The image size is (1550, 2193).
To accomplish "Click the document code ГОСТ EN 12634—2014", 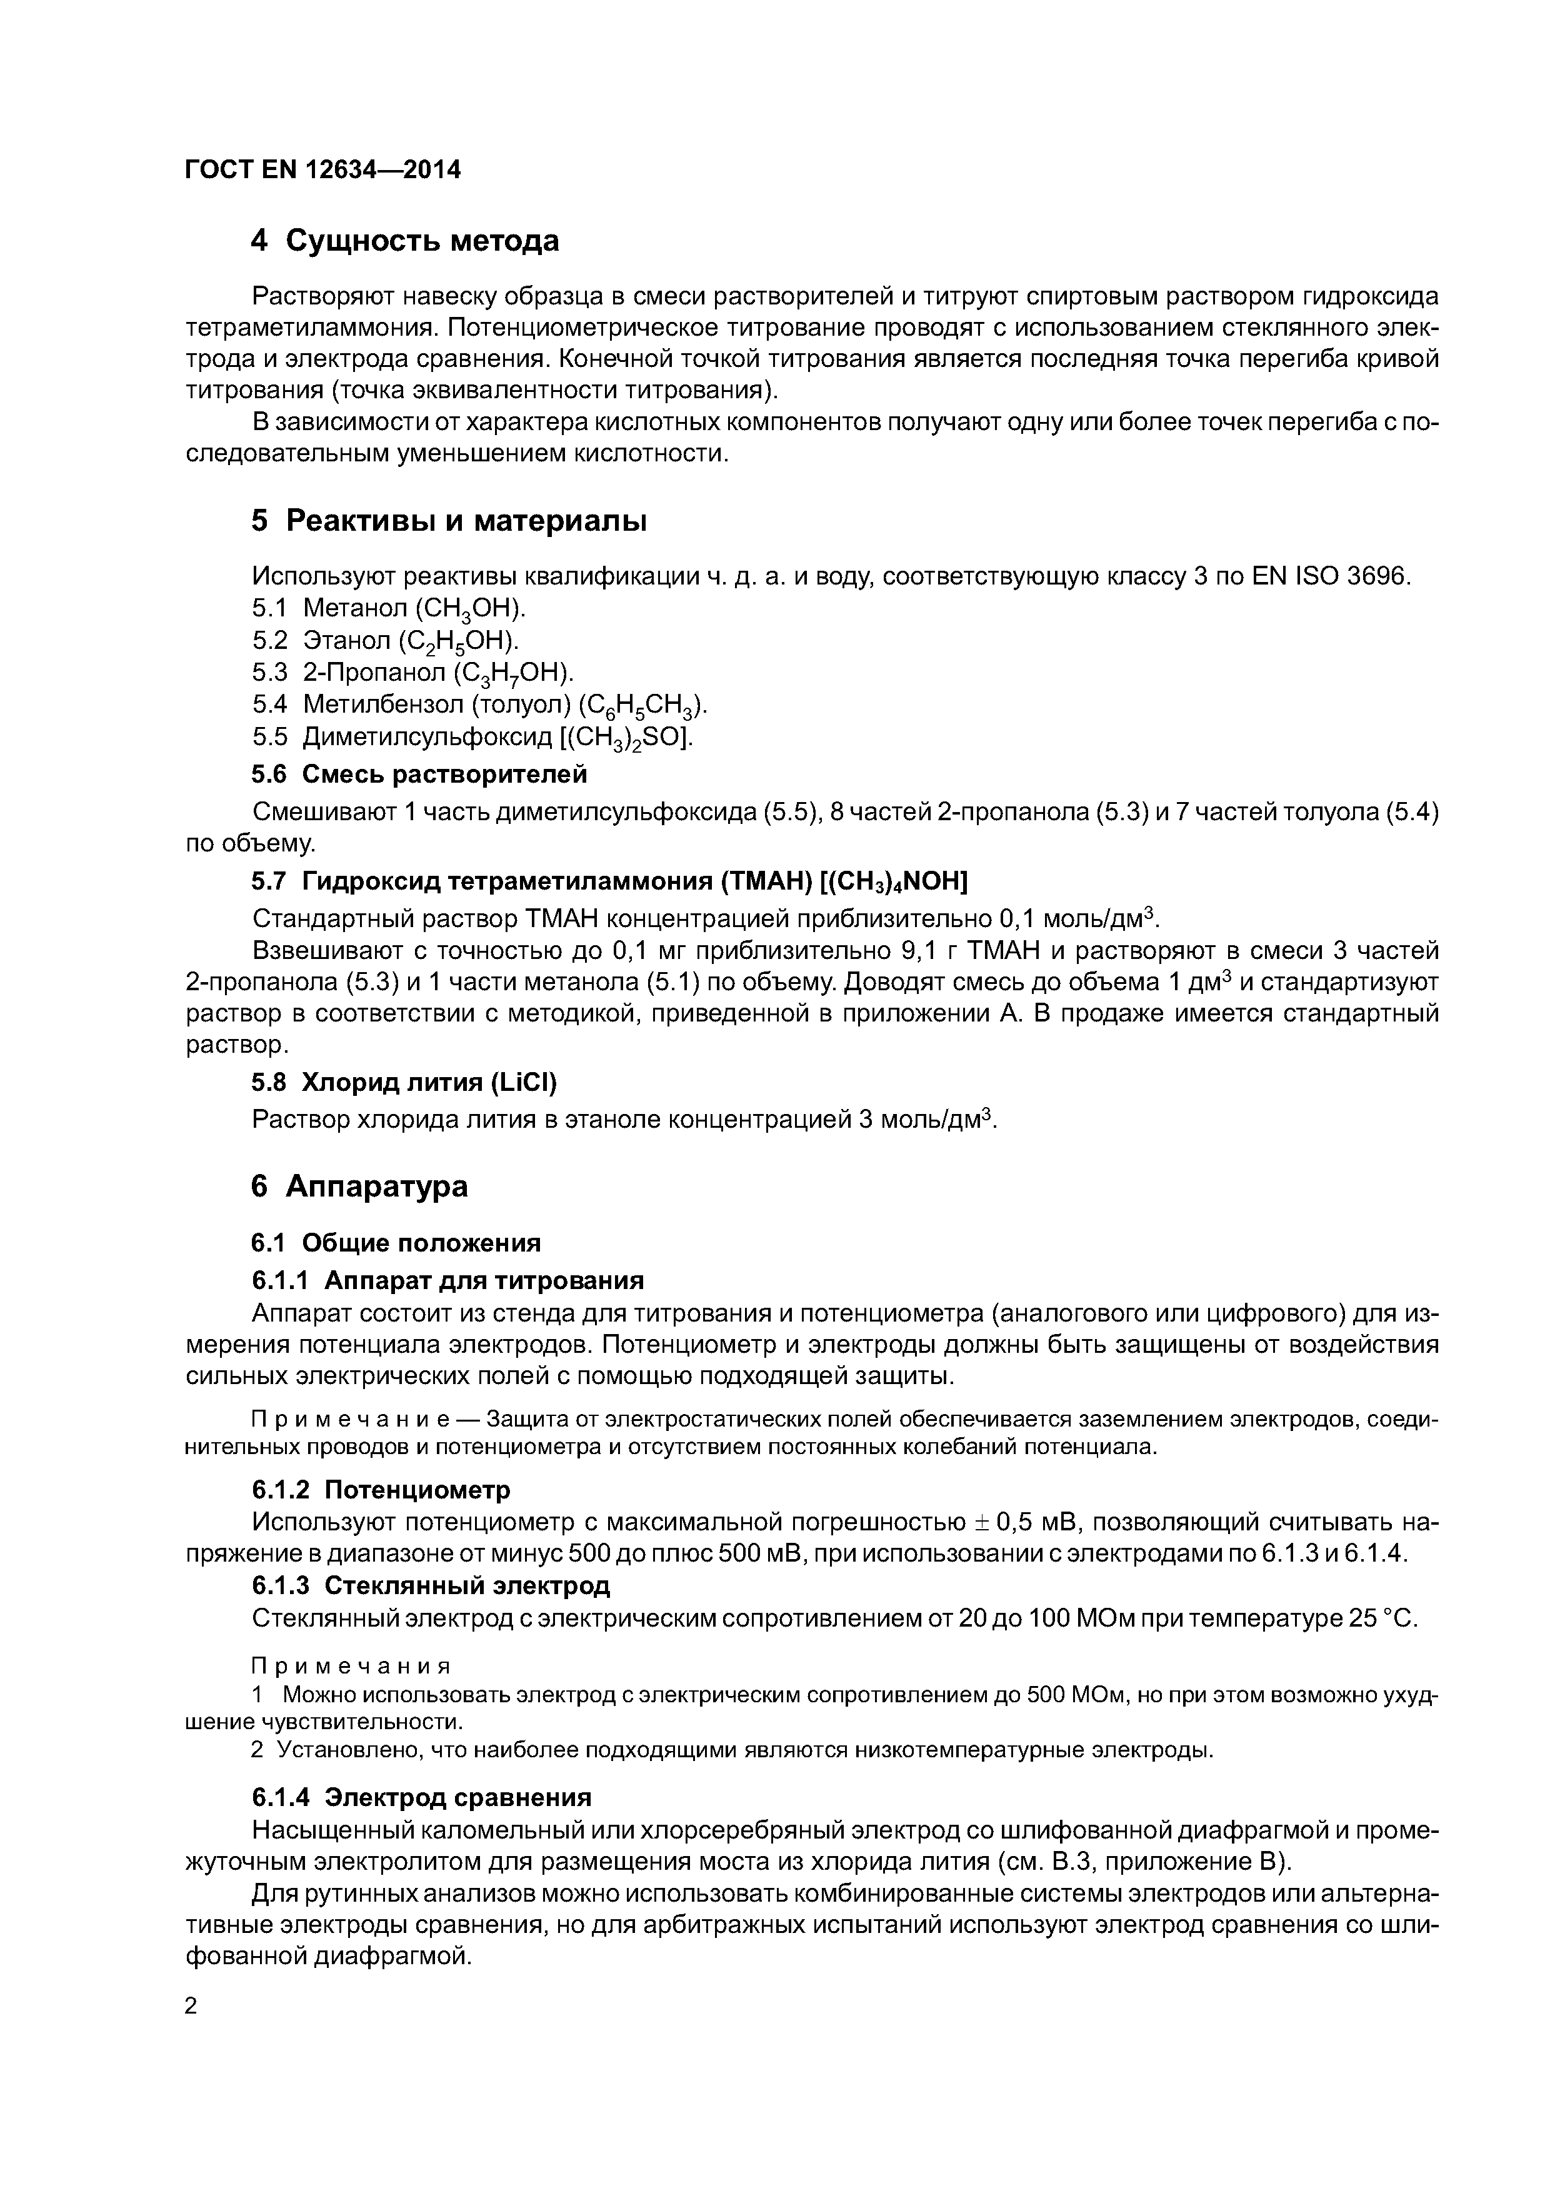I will [x=322, y=170].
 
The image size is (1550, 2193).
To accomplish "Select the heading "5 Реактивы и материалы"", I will [x=449, y=521].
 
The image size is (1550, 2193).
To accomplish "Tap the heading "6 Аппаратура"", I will [x=359, y=1187].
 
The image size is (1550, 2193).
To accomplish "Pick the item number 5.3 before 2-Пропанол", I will [x=269, y=673].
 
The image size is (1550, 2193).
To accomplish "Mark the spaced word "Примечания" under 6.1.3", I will [x=349, y=1667].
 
